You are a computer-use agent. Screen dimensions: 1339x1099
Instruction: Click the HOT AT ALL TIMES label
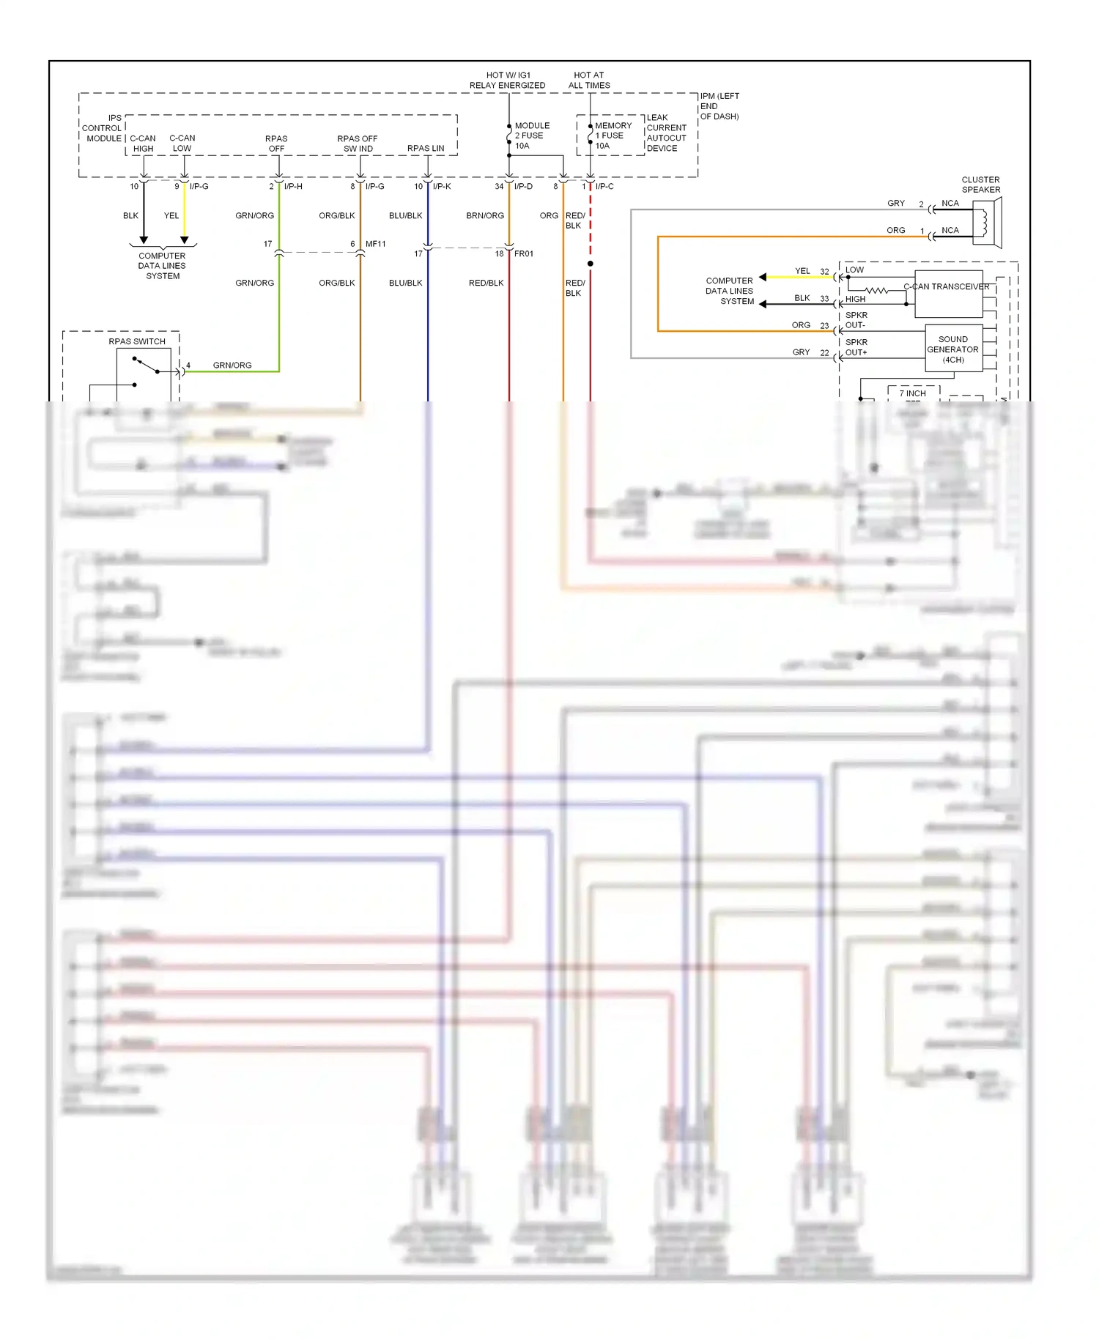588,80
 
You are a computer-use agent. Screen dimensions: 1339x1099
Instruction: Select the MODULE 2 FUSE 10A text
531,136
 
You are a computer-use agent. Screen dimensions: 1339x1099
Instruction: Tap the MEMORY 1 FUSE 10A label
613,136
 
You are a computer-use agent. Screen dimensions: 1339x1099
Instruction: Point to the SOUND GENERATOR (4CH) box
953,349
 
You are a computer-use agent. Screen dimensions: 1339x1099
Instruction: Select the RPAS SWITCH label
137,341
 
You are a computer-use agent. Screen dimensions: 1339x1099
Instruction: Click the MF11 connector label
375,244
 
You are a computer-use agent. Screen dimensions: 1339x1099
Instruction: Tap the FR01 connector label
523,254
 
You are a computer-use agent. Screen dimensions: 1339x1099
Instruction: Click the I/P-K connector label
441,187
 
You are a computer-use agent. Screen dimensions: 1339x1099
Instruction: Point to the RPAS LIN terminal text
426,148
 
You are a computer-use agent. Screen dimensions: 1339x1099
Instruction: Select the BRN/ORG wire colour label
484,216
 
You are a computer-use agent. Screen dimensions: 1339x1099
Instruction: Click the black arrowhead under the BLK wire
144,240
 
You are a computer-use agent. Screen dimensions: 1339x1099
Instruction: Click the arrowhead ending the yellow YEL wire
184,240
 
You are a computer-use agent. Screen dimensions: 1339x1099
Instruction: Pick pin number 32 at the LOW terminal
824,272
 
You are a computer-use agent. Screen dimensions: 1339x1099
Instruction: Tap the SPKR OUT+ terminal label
856,347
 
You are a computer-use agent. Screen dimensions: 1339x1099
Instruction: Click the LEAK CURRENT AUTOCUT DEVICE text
666,133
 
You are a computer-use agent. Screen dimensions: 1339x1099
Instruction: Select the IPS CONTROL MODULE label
103,128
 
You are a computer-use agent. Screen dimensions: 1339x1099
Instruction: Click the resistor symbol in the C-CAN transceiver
876,290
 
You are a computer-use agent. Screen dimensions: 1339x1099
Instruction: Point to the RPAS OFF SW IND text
358,144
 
